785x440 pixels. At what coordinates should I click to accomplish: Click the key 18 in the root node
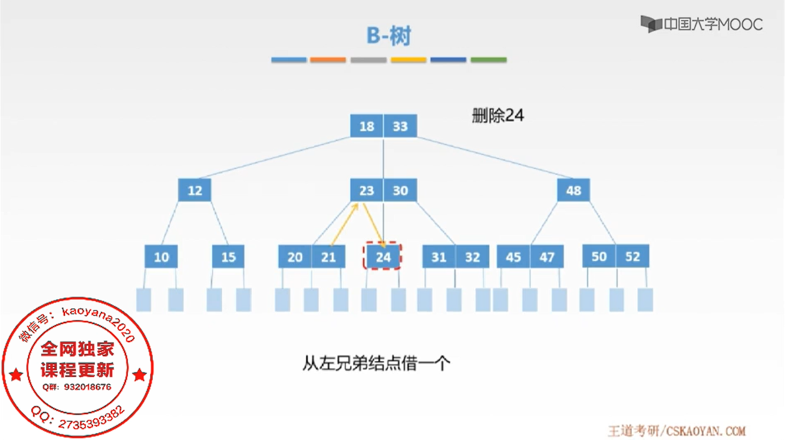tap(367, 126)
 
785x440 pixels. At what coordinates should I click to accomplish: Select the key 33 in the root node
tap(400, 126)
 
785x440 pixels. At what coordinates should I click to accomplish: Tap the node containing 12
tap(194, 190)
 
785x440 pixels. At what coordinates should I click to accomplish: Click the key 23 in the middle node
tap(367, 190)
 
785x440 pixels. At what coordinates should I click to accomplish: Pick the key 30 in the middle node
tap(400, 190)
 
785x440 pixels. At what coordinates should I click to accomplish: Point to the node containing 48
tap(573, 190)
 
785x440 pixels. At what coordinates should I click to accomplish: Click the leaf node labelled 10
tap(161, 257)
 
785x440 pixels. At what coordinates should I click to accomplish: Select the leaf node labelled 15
tap(228, 257)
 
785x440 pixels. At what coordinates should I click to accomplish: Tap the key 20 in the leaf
tap(295, 257)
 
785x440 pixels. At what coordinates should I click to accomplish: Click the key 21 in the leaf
tap(328, 257)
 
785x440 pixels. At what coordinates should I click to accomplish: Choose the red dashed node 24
tap(383, 257)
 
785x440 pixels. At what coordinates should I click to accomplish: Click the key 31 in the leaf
tap(439, 257)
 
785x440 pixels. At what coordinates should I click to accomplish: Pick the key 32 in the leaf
tap(472, 257)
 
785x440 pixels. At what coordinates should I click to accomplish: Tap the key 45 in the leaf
tap(513, 257)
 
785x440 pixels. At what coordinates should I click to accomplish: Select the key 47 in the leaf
tap(547, 257)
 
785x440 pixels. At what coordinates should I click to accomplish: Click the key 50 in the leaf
tap(599, 256)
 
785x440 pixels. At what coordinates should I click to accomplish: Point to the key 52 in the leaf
tap(633, 256)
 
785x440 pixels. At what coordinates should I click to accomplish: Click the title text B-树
tap(388, 36)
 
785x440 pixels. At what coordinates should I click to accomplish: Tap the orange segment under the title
tap(328, 60)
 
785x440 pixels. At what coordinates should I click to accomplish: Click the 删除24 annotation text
tap(498, 116)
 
